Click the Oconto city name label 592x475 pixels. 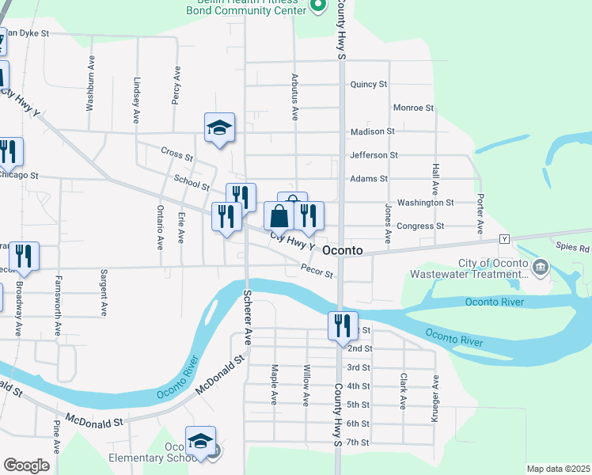343,250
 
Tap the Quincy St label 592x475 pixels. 368,84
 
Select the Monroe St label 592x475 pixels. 413,108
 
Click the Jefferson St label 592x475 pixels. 374,155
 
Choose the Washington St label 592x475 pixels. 425,203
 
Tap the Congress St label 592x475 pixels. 420,226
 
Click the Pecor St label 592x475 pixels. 317,270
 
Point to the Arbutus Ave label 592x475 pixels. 294,104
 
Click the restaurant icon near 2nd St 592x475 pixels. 342,325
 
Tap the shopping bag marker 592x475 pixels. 279,215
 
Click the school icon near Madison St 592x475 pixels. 219,127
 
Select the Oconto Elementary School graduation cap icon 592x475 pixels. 200,441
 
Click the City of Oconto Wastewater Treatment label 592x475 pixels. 492,269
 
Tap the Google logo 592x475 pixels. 26,465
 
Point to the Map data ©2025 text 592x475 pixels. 557,469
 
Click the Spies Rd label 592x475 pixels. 573,248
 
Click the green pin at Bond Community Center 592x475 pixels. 317,6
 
